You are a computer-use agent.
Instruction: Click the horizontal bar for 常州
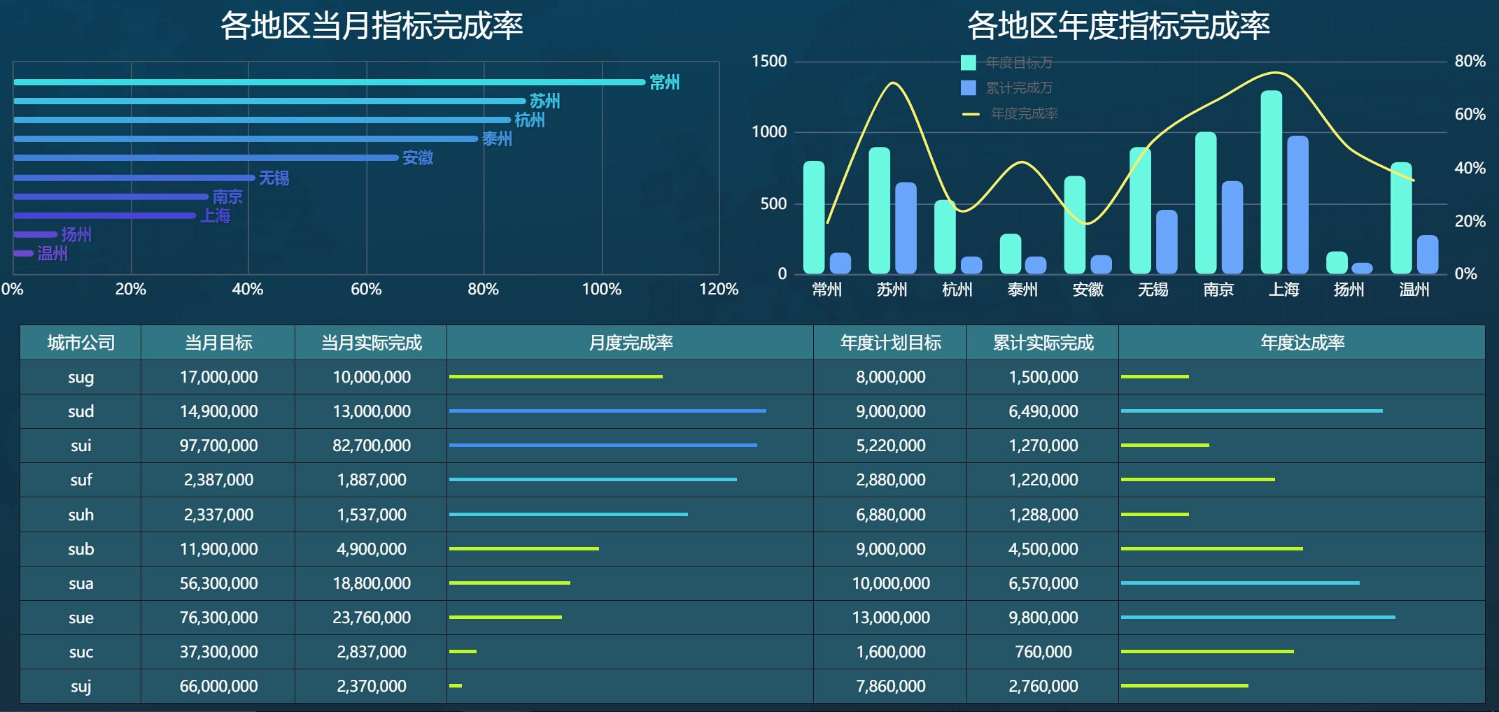pos(329,82)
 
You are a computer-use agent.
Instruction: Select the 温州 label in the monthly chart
pos(52,253)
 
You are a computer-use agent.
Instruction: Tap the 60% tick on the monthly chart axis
pos(366,289)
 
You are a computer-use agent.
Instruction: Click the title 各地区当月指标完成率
pos(372,26)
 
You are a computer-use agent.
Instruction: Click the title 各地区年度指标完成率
pos(1118,26)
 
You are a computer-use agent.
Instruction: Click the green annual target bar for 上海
pos(1271,182)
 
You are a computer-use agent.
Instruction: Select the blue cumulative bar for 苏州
pos(906,227)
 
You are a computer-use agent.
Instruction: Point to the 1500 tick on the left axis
pos(769,62)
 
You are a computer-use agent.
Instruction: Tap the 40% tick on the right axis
pos(1470,168)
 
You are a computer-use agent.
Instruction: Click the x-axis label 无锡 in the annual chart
pos(1153,290)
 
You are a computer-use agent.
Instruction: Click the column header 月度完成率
pos(630,343)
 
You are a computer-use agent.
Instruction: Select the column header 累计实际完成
pos(1043,343)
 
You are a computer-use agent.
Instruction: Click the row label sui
pos(80,446)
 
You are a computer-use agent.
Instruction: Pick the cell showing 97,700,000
pos(218,446)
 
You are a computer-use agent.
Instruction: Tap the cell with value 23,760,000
pos(371,618)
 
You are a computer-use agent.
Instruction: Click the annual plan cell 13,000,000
pos(890,618)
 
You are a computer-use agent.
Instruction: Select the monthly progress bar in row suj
pos(456,685)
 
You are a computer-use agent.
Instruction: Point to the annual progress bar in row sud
pos(1251,411)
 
